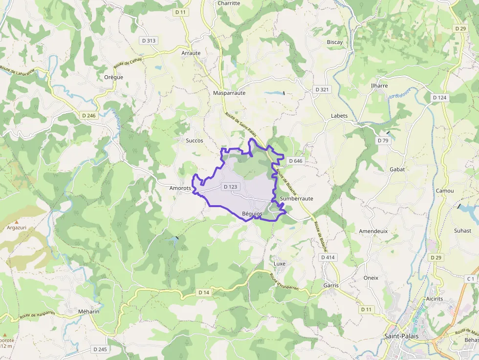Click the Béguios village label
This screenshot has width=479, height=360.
pyautogui.click(x=252, y=213)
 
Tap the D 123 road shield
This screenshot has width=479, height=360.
pyautogui.click(x=230, y=187)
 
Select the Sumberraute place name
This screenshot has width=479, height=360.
pyautogui.click(x=297, y=199)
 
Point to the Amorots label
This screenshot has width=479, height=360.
pyautogui.click(x=180, y=188)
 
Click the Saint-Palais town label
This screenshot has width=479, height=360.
pyautogui.click(x=401, y=336)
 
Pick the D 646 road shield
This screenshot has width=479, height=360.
pyautogui.click(x=296, y=161)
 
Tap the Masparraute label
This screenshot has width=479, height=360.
pyautogui.click(x=229, y=93)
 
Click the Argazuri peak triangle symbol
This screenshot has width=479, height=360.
pyautogui.click(x=16, y=222)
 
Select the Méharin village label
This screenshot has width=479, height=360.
pyautogui.click(x=88, y=311)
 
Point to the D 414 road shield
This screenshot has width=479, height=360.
pyautogui.click(x=327, y=257)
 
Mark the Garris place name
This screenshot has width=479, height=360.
pyautogui.click(x=331, y=285)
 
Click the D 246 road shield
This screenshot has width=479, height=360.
pyautogui.click(x=89, y=116)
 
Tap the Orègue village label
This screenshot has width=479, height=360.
pyautogui.click(x=114, y=77)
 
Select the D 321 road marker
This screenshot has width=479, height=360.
pyautogui.click(x=322, y=89)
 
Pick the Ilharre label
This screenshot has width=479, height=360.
pyautogui.click(x=379, y=86)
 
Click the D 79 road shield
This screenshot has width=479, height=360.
pyautogui.click(x=383, y=141)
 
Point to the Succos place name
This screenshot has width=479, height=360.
pyautogui.click(x=194, y=141)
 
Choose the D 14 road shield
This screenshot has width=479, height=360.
pyautogui.click(x=204, y=292)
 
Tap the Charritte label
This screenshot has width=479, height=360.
pyautogui.click(x=229, y=3)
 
